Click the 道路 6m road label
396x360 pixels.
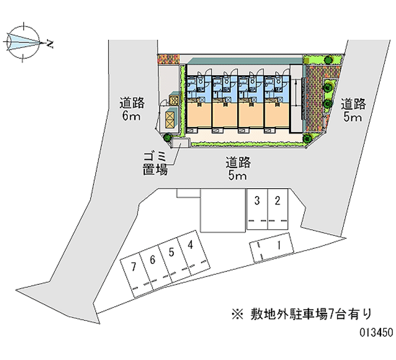click(x=132, y=110)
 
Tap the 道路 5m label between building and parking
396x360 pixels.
click(x=238, y=169)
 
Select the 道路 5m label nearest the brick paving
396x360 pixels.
click(x=353, y=110)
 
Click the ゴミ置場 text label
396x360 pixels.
click(x=155, y=164)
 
